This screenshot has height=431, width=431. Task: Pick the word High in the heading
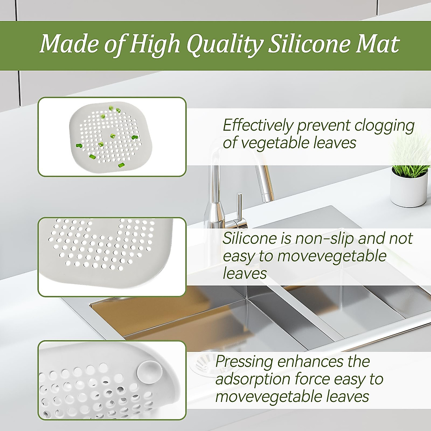click(x=155, y=45)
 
